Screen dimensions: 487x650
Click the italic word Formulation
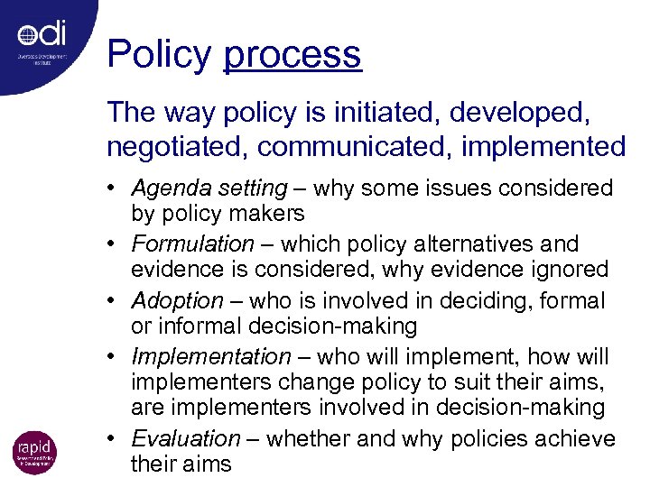click(x=192, y=244)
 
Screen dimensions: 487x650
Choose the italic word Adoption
click(x=177, y=300)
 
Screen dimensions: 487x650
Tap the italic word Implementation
click(x=211, y=356)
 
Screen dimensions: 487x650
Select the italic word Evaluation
click(x=186, y=439)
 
